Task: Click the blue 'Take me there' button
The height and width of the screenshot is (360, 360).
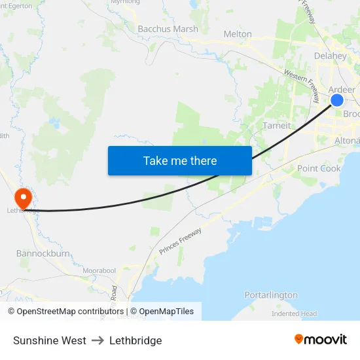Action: click(180, 160)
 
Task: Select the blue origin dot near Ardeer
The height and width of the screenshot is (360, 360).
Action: click(336, 99)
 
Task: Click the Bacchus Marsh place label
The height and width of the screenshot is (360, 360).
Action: click(168, 29)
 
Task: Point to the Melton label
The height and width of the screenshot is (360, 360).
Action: click(238, 34)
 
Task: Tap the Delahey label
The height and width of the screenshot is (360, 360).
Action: click(330, 56)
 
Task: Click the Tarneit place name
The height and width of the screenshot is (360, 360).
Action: click(276, 125)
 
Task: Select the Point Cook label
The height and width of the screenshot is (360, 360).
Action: click(319, 168)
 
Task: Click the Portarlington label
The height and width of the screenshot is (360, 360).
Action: click(271, 295)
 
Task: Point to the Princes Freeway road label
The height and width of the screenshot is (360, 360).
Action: click(180, 241)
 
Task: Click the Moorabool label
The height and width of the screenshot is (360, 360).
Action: click(99, 270)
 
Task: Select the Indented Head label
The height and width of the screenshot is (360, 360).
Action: click(294, 314)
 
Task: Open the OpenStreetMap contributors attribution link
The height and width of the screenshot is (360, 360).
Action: click(70, 312)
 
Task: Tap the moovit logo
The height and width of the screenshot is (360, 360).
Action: click(320, 339)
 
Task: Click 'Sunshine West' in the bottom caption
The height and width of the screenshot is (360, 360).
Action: click(49, 340)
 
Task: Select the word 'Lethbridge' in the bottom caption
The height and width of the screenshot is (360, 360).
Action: click(135, 340)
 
